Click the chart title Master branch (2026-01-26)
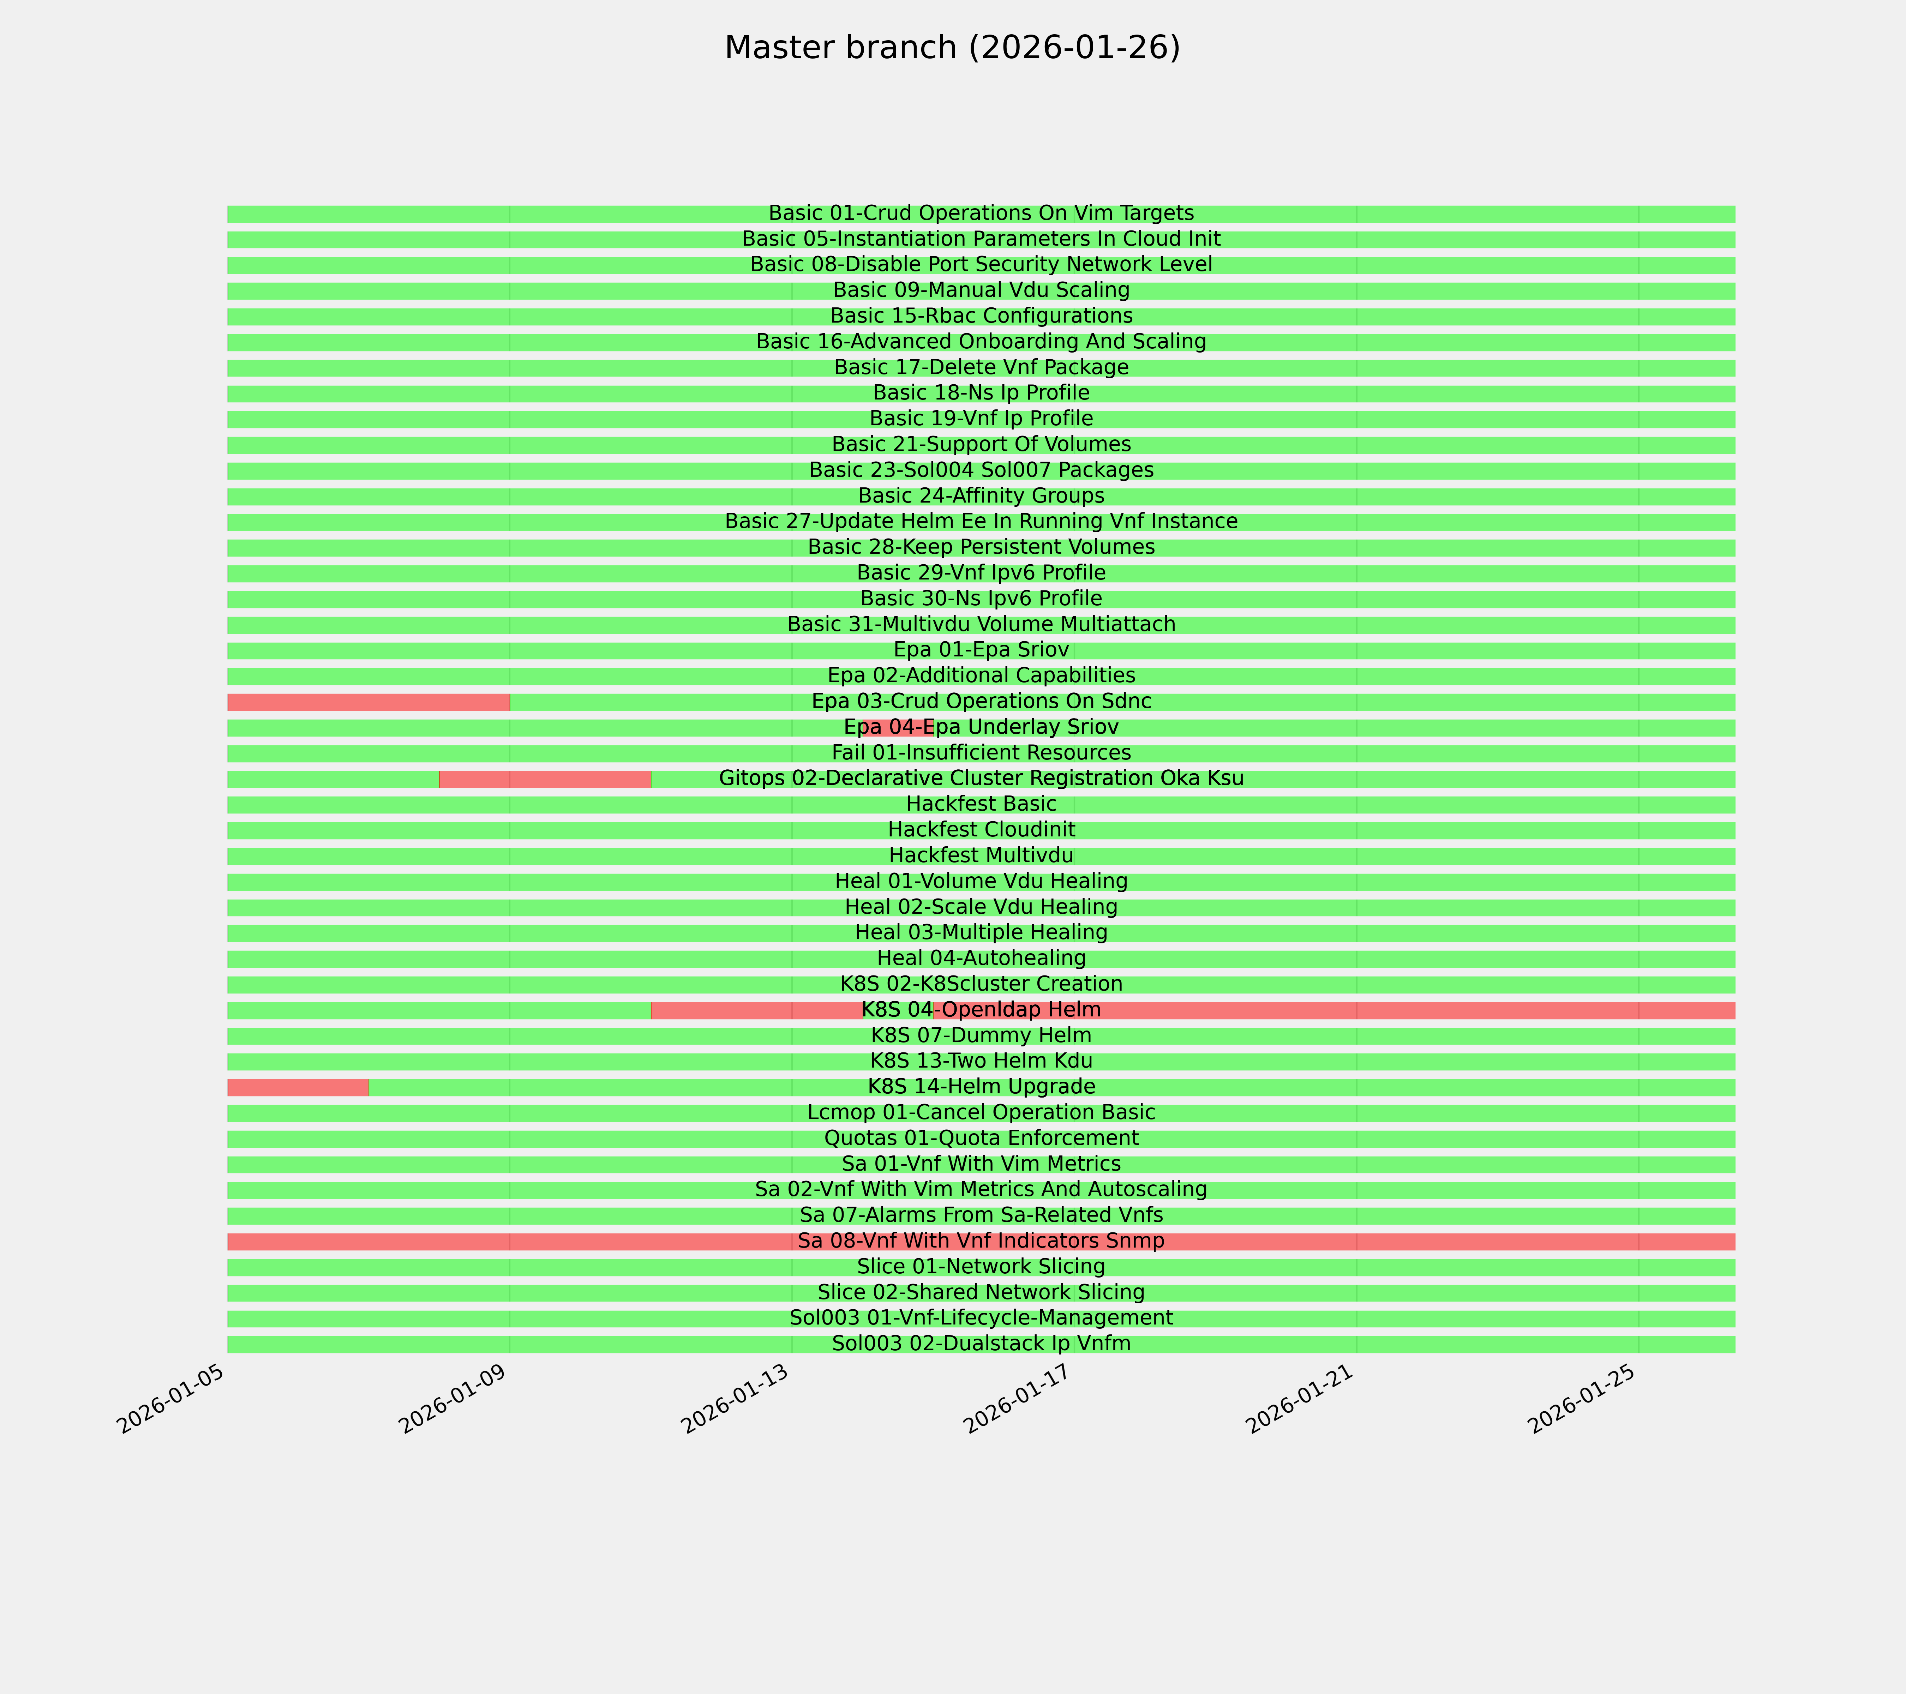[x=952, y=48]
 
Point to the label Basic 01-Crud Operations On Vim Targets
[x=981, y=214]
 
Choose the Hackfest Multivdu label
[x=981, y=856]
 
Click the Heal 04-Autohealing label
[x=981, y=959]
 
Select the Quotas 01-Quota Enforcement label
[x=981, y=1139]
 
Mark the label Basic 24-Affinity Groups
[x=981, y=496]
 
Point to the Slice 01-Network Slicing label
[x=981, y=1267]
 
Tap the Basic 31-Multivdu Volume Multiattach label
[x=981, y=625]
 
